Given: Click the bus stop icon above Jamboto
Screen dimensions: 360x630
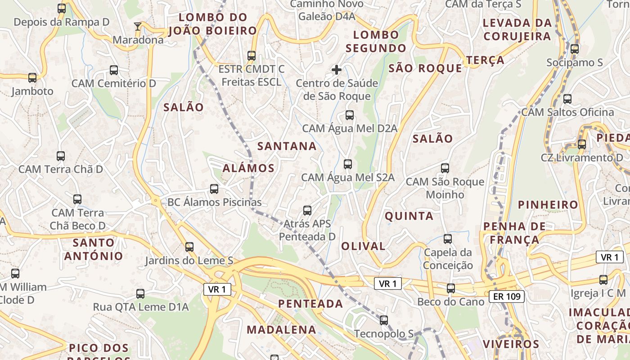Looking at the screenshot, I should coord(32,78).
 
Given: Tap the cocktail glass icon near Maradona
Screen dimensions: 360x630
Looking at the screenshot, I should coord(138,27).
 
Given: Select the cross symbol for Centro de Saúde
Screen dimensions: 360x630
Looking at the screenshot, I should coord(337,70).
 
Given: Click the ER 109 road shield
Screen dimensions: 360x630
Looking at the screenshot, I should coord(507,296).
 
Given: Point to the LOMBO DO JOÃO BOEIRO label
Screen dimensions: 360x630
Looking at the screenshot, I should coord(213,24).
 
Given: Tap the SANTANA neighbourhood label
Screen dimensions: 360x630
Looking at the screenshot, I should coord(287,146).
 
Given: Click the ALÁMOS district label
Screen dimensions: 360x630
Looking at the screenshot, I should coord(248,168).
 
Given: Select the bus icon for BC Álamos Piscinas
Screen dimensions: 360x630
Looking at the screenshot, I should coord(214,189).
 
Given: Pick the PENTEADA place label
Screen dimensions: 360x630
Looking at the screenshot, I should coord(310,304).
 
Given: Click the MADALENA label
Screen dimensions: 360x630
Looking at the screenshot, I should coord(281,329).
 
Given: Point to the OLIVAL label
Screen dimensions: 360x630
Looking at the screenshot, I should coord(363,246).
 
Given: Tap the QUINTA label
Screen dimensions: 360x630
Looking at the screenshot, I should coord(409,216).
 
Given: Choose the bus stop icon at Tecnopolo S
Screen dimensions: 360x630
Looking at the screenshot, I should coord(383,320).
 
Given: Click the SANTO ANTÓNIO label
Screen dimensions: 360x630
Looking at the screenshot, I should coord(93,249).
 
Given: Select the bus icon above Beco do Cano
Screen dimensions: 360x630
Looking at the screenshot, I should coord(450,288).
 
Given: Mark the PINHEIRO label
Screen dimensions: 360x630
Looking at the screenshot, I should coord(548,205).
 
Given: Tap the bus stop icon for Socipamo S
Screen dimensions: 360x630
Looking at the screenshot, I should coord(575,49).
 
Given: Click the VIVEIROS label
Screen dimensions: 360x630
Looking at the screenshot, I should coord(511,344).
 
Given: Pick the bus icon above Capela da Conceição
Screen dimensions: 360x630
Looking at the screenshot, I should coord(448,239).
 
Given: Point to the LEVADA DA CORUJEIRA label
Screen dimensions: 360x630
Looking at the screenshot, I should coord(517,30).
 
